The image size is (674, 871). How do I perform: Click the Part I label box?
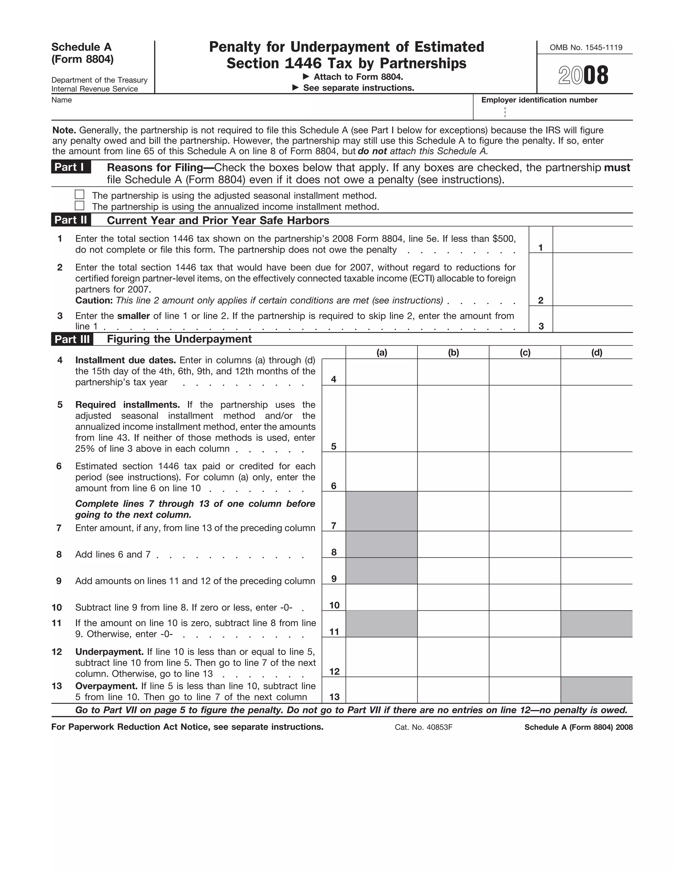coord(71,167)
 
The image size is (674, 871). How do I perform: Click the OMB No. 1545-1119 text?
coord(586,47)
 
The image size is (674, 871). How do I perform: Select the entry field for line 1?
coord(592,240)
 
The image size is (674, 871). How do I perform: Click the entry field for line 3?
coord(592,319)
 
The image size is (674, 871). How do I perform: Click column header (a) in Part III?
coord(382,352)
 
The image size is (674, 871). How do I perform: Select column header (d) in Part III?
coord(597,352)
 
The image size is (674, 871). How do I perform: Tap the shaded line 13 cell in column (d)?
coord(597,690)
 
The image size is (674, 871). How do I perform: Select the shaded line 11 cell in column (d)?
coord(597,624)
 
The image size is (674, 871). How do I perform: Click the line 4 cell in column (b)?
coord(453,372)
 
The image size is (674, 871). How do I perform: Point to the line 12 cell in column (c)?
coord(525,657)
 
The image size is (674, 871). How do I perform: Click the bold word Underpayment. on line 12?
coord(109,652)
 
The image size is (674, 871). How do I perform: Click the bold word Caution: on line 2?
coord(94,300)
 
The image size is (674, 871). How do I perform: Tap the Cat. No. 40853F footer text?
coord(423,727)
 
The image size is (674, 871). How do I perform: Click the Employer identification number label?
coord(539,100)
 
